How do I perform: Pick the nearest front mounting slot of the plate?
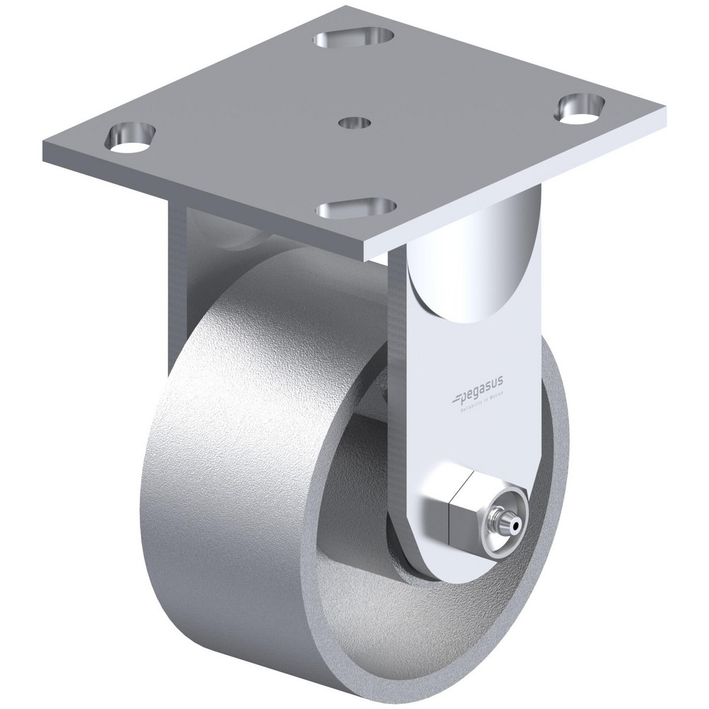point(356,209)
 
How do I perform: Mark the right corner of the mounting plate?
point(667,109)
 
